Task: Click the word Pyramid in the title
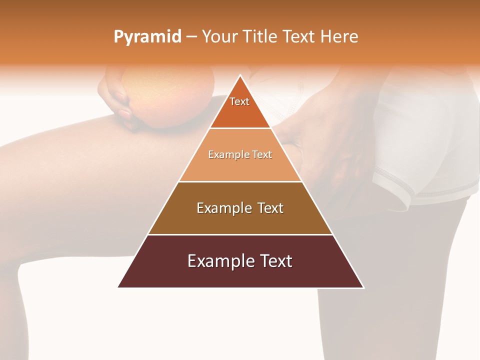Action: click(x=147, y=36)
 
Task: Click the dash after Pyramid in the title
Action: click(x=191, y=37)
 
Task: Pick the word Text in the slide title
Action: click(x=299, y=36)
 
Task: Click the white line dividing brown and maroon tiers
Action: click(x=240, y=234)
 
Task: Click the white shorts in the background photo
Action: click(x=425, y=140)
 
